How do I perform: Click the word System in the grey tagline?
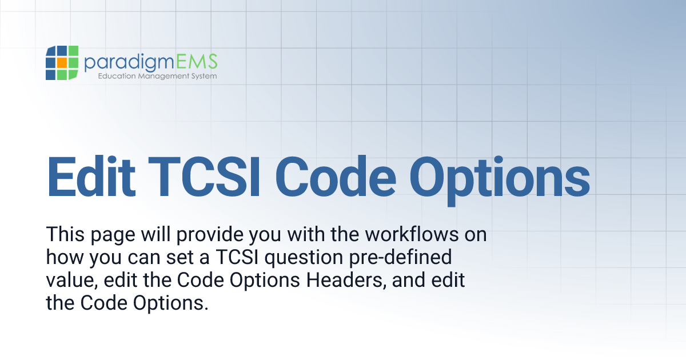point(204,76)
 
